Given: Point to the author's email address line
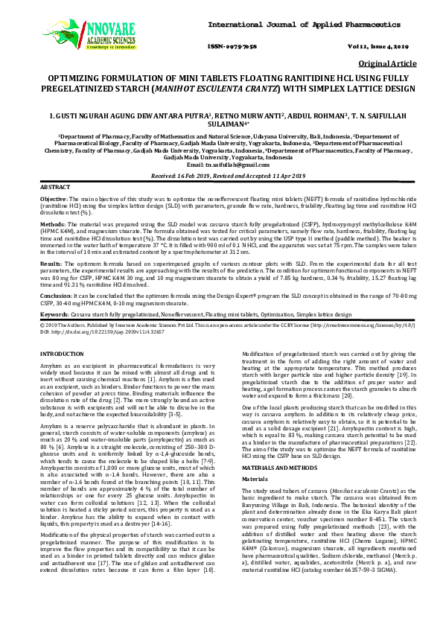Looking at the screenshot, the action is tap(221, 184).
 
